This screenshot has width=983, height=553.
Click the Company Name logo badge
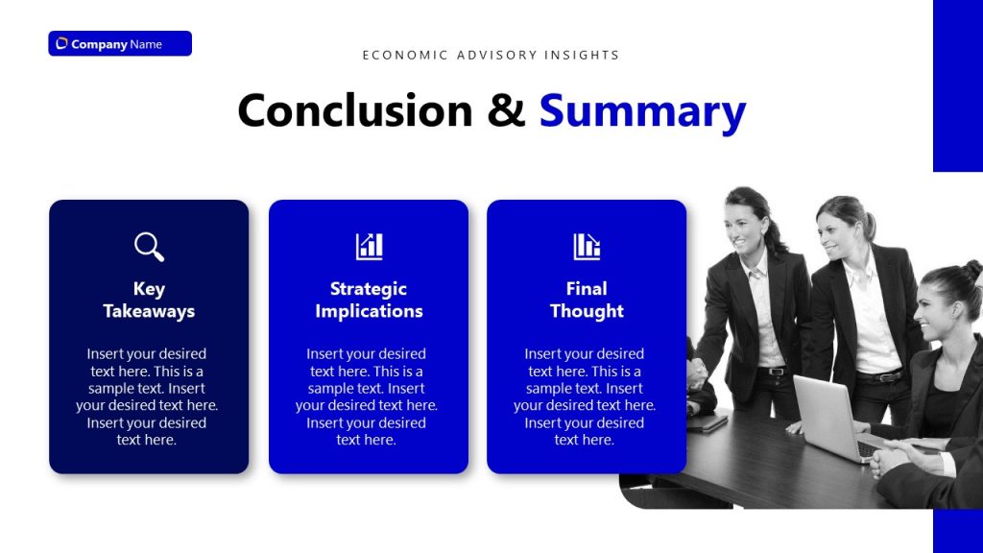[x=120, y=44]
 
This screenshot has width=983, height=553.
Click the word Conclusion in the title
[x=355, y=110]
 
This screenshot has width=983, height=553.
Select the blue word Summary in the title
[x=642, y=110]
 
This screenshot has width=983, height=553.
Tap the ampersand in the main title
[x=507, y=110]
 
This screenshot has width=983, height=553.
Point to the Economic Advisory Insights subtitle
[x=491, y=55]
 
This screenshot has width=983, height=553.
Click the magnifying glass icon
[x=149, y=247]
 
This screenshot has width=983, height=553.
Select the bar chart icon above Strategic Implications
[x=369, y=247]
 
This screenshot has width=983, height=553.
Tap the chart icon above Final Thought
[x=587, y=247]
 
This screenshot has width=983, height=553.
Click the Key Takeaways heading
[x=149, y=300]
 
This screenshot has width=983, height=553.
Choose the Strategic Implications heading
[x=369, y=300]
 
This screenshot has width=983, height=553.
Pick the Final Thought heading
[x=587, y=300]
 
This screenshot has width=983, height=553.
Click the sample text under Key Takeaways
[x=147, y=397]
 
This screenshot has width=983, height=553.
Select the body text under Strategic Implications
[x=367, y=397]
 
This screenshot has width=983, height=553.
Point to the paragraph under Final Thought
[x=585, y=397]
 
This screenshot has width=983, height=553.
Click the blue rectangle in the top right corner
[x=957, y=85]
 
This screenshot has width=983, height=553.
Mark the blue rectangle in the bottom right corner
[x=957, y=531]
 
